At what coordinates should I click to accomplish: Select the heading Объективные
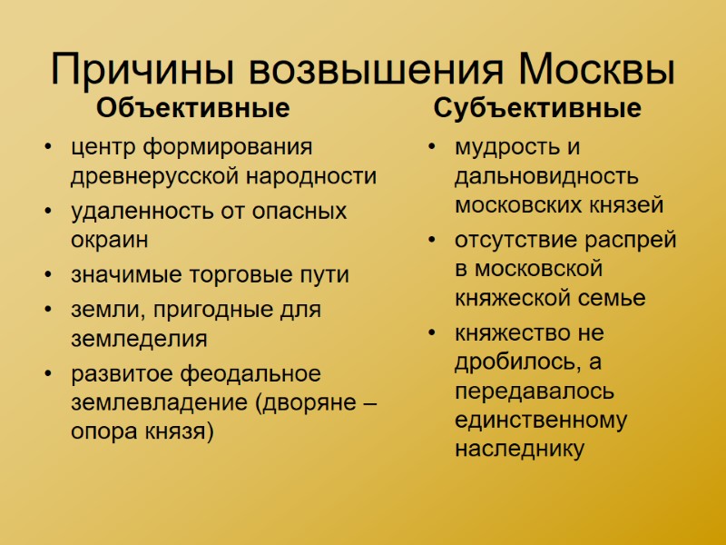pos(193,109)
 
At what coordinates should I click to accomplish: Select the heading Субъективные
pos(537,109)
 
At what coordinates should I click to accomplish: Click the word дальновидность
pos(546,176)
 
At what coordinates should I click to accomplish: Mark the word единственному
pos(541,420)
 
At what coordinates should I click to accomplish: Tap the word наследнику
pos(519,449)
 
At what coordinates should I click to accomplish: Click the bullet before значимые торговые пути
pos(47,275)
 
